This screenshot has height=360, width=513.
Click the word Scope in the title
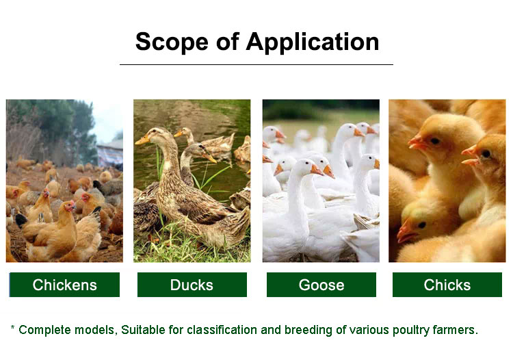(x=172, y=42)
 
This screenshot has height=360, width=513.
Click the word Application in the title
(x=313, y=42)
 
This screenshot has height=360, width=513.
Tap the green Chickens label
(x=64, y=285)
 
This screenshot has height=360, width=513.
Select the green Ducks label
(x=192, y=285)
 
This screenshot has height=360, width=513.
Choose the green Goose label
(x=321, y=285)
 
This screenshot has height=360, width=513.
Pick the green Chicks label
(x=447, y=285)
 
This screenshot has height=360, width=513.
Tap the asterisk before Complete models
(x=12, y=327)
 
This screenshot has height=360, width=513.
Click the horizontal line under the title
(x=256, y=65)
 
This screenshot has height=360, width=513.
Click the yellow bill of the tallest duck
(x=142, y=140)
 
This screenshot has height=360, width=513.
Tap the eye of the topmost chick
(x=435, y=141)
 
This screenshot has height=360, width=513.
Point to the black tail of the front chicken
(x=21, y=220)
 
